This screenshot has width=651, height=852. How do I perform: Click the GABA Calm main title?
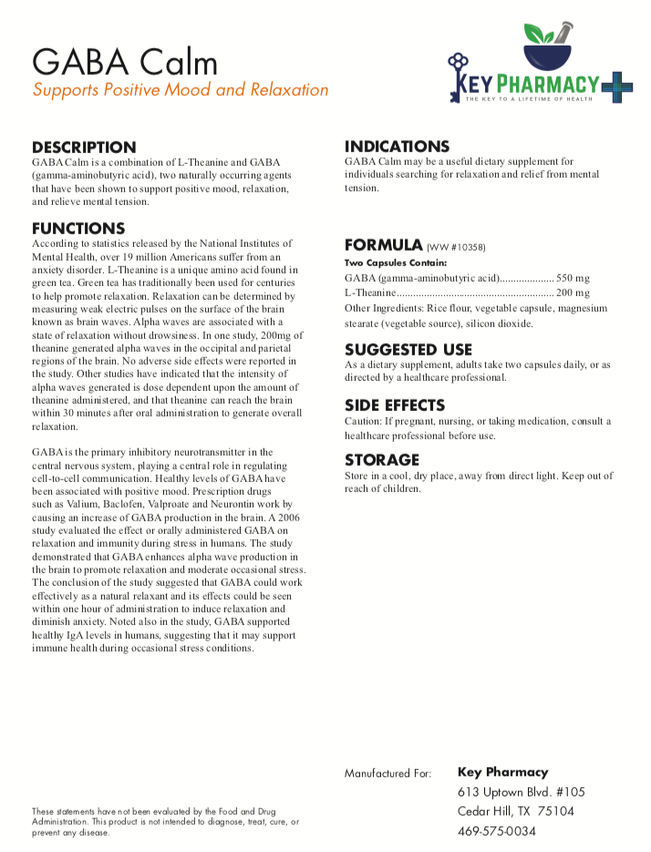(x=125, y=62)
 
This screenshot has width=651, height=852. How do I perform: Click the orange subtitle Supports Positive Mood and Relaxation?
(x=181, y=90)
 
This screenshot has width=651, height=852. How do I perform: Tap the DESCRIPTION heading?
(x=84, y=147)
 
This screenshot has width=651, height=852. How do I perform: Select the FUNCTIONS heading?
(x=78, y=228)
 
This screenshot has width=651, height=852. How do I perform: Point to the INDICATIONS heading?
(x=397, y=146)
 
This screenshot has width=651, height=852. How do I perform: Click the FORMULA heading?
(x=383, y=245)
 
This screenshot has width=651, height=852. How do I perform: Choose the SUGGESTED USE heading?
(x=408, y=349)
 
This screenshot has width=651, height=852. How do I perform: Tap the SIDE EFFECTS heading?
(x=395, y=405)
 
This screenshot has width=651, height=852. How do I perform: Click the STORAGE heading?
(x=382, y=460)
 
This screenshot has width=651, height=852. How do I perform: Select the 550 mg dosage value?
(x=573, y=278)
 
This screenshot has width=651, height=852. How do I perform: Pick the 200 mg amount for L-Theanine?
(x=573, y=293)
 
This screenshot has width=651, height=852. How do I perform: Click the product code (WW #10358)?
(x=457, y=247)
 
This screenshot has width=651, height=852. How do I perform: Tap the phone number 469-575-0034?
(x=497, y=831)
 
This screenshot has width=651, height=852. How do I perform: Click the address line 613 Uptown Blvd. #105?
(x=521, y=792)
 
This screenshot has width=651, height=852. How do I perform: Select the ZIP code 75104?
(x=555, y=811)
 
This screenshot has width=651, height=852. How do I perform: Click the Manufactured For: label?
(x=387, y=774)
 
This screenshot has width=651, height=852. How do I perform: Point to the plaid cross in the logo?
(x=616, y=87)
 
